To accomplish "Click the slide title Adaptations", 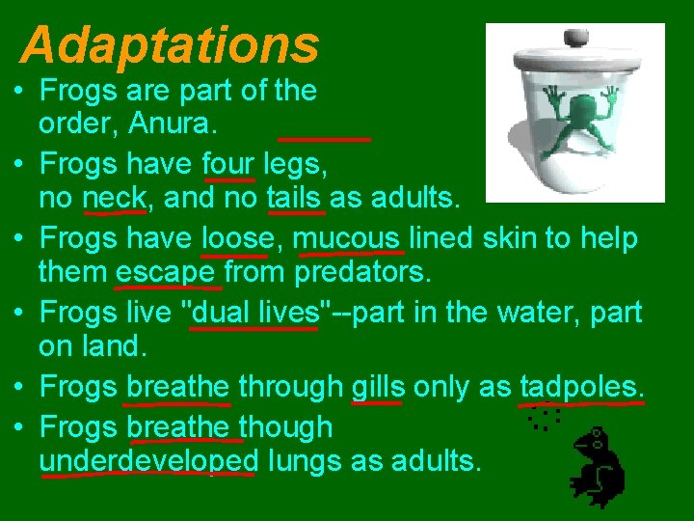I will [170, 43].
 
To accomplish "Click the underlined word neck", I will [114, 198].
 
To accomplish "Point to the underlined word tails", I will [293, 198].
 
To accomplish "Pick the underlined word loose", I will [234, 237].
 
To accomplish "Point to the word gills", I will [378, 386].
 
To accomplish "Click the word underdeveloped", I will [147, 460].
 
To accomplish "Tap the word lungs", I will [306, 460].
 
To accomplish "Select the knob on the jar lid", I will [574, 38].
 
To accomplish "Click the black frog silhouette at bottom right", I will [599, 468].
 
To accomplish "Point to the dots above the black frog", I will [545, 418].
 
